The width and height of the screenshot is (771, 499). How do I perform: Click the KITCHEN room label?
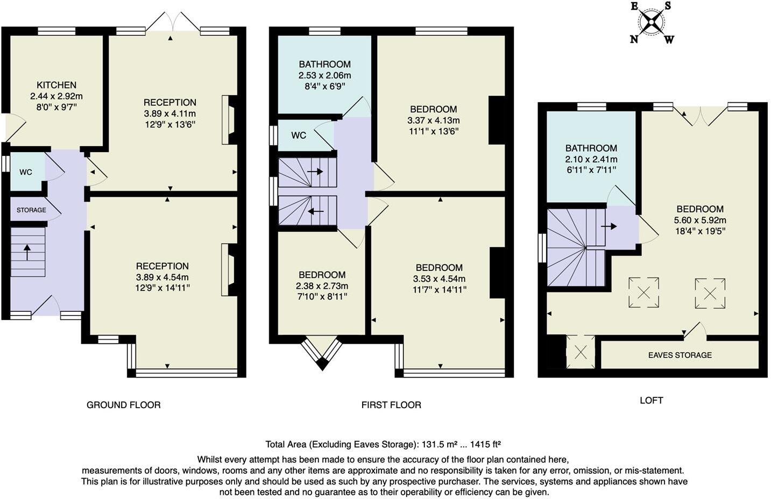(56, 85)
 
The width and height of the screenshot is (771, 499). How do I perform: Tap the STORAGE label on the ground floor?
(31, 210)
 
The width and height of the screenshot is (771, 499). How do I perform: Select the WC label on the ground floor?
(26, 172)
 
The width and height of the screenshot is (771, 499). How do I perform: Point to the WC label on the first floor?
(299, 136)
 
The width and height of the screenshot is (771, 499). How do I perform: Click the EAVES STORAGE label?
(680, 355)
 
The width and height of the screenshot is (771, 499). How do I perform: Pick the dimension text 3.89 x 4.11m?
(169, 113)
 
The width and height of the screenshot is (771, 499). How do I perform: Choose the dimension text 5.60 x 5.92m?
(700, 220)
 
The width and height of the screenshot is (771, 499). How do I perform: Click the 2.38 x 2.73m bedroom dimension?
(322, 286)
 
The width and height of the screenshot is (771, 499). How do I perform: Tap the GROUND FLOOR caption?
(123, 405)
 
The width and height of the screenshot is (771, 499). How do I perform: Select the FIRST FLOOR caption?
(391, 405)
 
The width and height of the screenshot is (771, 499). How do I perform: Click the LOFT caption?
(651, 400)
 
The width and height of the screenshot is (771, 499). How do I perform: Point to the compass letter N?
(634, 39)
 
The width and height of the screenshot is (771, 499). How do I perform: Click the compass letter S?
(668, 6)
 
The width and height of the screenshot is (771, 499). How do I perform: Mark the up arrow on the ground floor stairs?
(26, 252)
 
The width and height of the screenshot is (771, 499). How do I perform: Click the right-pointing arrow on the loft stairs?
(609, 226)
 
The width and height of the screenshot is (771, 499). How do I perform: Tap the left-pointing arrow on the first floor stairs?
(315, 211)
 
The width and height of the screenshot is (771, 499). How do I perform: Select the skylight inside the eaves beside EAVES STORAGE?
(581, 352)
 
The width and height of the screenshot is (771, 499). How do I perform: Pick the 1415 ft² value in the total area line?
(485, 444)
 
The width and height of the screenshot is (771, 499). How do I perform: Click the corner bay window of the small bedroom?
(322, 353)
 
